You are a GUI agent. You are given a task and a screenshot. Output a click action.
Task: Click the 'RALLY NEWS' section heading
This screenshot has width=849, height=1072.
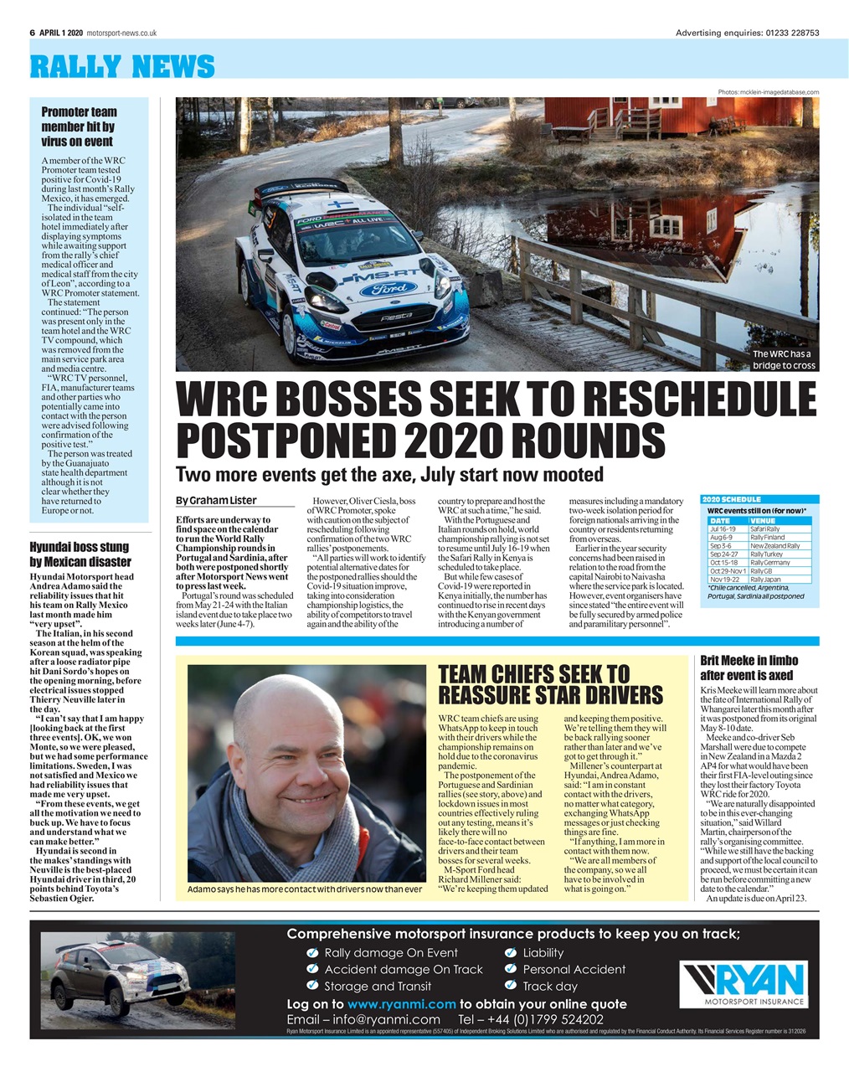[122, 66]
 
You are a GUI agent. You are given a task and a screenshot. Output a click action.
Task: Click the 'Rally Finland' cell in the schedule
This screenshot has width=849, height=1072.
[768, 538]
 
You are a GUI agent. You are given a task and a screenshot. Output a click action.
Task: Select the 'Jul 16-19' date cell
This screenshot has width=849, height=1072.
[723, 529]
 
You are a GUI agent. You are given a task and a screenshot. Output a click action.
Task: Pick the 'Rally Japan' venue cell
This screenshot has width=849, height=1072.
[766, 580]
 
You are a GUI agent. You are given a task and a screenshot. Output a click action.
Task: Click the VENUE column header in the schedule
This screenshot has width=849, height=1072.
[764, 521]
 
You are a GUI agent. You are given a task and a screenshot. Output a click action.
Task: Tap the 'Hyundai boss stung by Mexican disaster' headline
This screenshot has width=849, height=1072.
[80, 554]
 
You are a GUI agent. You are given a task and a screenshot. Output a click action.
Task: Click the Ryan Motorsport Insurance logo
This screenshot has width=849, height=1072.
[742, 983]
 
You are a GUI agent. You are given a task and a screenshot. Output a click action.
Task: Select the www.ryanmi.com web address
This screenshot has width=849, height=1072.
[401, 1003]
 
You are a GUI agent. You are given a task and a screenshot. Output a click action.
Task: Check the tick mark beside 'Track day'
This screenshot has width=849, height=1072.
[511, 986]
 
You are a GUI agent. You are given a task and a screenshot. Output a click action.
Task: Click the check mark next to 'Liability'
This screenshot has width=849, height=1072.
[511, 952]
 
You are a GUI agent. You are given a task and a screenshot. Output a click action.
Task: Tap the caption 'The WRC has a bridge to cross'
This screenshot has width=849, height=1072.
[784, 359]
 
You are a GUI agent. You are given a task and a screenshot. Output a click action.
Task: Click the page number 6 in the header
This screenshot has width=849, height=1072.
[32, 33]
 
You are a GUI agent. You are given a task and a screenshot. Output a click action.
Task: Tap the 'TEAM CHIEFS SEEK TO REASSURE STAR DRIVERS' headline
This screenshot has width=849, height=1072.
[550, 685]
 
